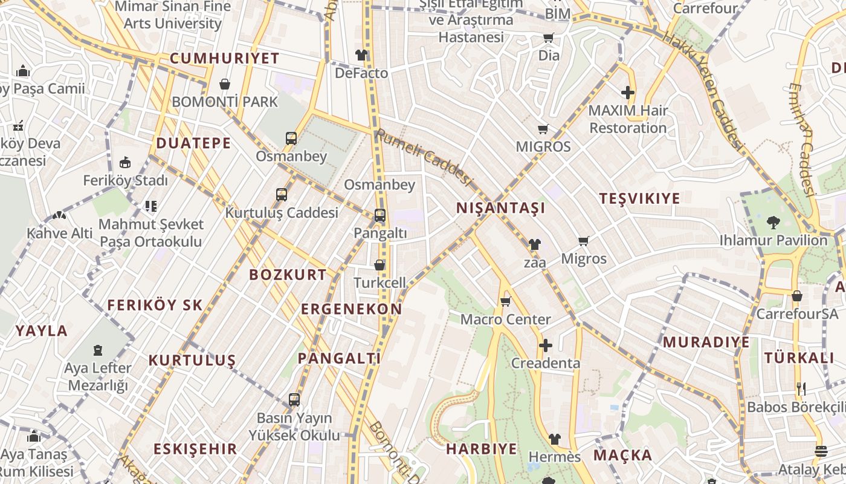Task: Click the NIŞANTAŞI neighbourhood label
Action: (x=500, y=208)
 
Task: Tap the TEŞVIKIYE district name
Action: (x=639, y=198)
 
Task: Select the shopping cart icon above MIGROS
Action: (x=543, y=129)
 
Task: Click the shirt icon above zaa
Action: (x=535, y=244)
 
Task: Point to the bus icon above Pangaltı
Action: (x=380, y=215)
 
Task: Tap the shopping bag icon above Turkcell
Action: (x=379, y=265)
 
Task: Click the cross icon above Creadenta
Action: (x=546, y=345)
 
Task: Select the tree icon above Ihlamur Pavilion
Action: (x=773, y=223)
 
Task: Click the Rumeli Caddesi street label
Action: (x=423, y=157)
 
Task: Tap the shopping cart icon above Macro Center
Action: (x=506, y=301)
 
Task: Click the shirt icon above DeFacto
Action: (x=361, y=55)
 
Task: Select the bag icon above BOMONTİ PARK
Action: (x=225, y=84)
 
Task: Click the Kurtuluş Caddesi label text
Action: (x=282, y=213)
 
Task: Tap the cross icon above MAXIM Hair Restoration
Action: (x=628, y=93)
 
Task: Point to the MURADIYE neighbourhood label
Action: (x=706, y=342)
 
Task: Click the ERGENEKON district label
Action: (x=352, y=309)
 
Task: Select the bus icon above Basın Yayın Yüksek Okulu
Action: (x=294, y=399)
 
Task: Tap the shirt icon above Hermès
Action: (x=554, y=439)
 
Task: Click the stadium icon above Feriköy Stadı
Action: (x=125, y=162)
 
